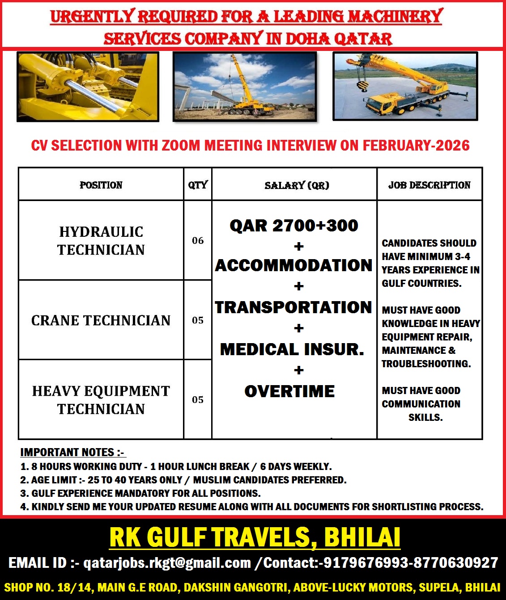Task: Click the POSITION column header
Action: [x=101, y=185]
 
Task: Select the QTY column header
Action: [x=198, y=185]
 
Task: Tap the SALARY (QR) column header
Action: [x=297, y=185]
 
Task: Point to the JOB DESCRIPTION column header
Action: [x=429, y=185]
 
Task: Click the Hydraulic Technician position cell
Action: [x=101, y=241]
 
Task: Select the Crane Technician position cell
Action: [x=101, y=320]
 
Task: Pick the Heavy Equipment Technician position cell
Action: [x=101, y=400]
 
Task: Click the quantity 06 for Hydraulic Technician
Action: [x=198, y=241]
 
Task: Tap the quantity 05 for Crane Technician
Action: [x=198, y=320]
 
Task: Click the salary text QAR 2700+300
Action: [x=294, y=226]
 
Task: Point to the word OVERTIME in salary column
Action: [x=289, y=391]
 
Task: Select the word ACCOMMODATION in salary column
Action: [x=294, y=265]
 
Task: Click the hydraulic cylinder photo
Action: [x=88, y=87]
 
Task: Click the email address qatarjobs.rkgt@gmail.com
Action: [x=167, y=563]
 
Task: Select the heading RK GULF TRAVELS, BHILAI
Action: [x=255, y=537]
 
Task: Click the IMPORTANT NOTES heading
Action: [x=72, y=453]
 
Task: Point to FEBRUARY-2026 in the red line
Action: [x=416, y=146]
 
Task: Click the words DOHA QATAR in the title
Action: [x=339, y=39]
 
